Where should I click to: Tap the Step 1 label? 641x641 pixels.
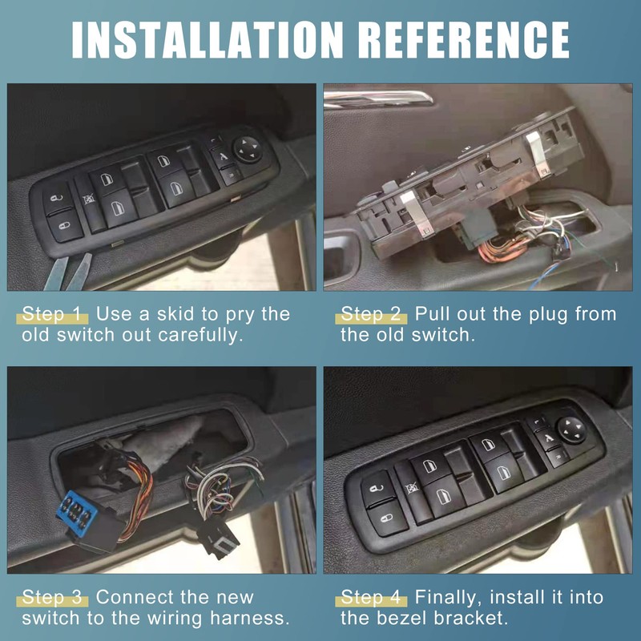[x=52, y=313]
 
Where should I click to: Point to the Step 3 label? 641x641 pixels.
[x=52, y=597]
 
